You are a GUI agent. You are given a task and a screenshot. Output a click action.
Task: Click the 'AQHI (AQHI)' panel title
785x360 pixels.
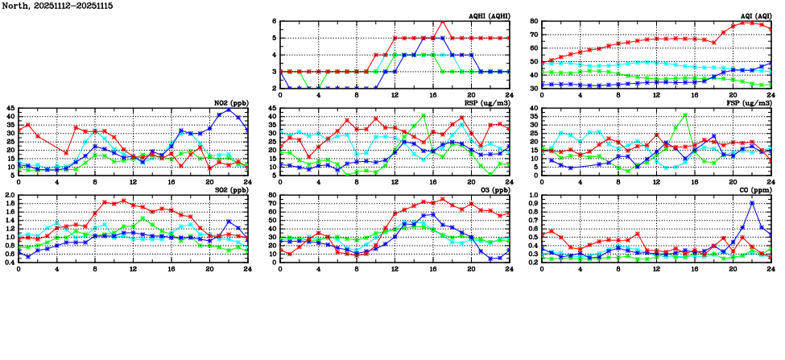click(489, 16)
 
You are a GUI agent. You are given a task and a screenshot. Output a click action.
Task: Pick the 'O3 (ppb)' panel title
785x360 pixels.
click(494, 190)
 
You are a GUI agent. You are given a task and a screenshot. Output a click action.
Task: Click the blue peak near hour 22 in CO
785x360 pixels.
click(752, 202)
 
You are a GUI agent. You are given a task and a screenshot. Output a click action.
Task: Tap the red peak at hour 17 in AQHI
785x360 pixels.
click(442, 22)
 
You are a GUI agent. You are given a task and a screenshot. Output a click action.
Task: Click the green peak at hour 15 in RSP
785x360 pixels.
click(423, 115)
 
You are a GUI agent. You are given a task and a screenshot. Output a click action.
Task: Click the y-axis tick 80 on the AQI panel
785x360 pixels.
click(534, 22)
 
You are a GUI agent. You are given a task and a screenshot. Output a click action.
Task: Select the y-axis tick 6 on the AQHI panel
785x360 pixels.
click(274, 22)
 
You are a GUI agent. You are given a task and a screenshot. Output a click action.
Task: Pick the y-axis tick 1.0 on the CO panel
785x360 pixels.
click(532, 196)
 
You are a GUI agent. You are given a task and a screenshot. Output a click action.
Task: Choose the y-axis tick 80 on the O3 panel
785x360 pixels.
click(271, 196)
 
